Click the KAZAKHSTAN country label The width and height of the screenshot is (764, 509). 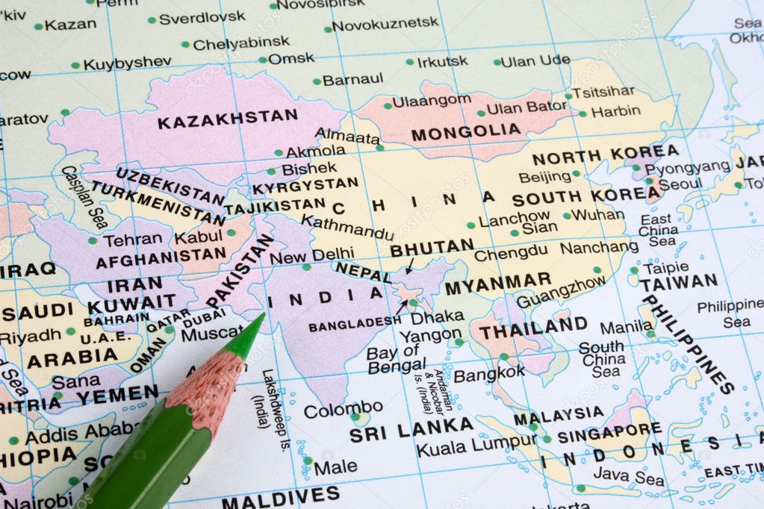[x=227, y=118]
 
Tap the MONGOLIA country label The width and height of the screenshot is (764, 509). [x=466, y=133]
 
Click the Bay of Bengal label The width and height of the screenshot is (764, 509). [x=396, y=359]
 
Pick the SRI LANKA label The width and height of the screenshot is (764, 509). [x=411, y=429]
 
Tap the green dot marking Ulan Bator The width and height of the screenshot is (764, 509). [x=482, y=113]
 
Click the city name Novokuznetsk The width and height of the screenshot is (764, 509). [x=385, y=24]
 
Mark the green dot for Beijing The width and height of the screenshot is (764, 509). [x=576, y=174]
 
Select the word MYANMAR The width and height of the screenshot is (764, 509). [x=497, y=284]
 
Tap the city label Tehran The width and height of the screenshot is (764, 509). [x=132, y=240]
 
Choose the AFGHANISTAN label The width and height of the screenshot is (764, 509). [x=161, y=258]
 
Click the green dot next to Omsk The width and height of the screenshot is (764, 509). [x=263, y=60]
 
